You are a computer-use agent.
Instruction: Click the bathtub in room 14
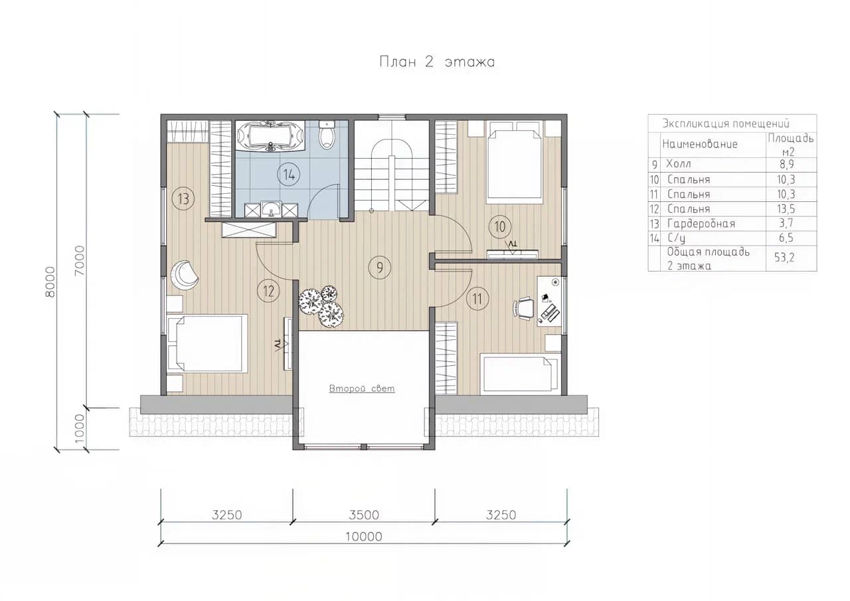[270, 137]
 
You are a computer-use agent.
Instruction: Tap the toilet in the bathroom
[326, 135]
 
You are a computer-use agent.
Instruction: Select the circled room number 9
[379, 268]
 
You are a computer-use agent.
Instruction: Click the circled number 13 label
[183, 199]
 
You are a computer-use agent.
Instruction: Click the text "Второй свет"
[362, 388]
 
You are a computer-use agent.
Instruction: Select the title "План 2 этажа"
[437, 62]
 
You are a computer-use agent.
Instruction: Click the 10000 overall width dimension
[363, 537]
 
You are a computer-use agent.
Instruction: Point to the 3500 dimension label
[363, 515]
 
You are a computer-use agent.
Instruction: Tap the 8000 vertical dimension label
[50, 282]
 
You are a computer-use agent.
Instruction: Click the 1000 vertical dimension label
[79, 428]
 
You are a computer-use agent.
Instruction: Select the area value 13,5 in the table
[786, 209]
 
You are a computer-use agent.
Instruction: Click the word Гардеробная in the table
[701, 224]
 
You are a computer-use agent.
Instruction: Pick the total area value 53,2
[784, 258]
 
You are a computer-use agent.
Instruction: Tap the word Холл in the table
[679, 164]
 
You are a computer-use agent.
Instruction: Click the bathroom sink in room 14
[271, 209]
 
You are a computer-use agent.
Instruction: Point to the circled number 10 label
[500, 227]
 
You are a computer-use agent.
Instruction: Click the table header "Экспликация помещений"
[726, 124]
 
